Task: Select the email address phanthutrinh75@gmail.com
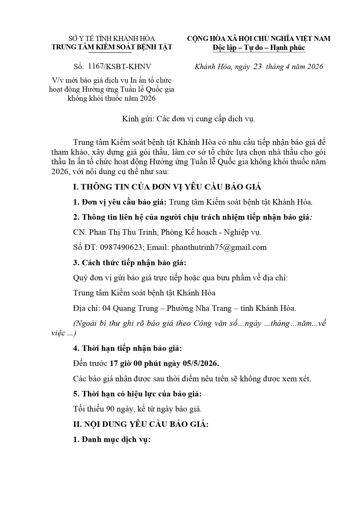pos(219,247)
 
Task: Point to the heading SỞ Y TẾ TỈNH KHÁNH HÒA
pos(112,39)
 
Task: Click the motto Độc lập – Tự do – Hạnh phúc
pos(259,47)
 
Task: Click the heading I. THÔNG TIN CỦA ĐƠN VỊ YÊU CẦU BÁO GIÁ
pos(167,187)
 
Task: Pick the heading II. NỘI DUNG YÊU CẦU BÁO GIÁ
pos(141,424)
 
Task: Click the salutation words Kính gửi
pos(137,119)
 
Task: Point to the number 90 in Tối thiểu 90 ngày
pos(110,409)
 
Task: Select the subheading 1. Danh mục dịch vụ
pos(112,439)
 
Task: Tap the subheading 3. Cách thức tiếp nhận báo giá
pos(129,263)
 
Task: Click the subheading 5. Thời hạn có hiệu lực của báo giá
pos(137,394)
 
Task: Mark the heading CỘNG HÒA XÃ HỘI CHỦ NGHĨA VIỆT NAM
pos(258,39)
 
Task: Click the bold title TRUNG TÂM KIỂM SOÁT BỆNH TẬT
pos(112,47)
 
